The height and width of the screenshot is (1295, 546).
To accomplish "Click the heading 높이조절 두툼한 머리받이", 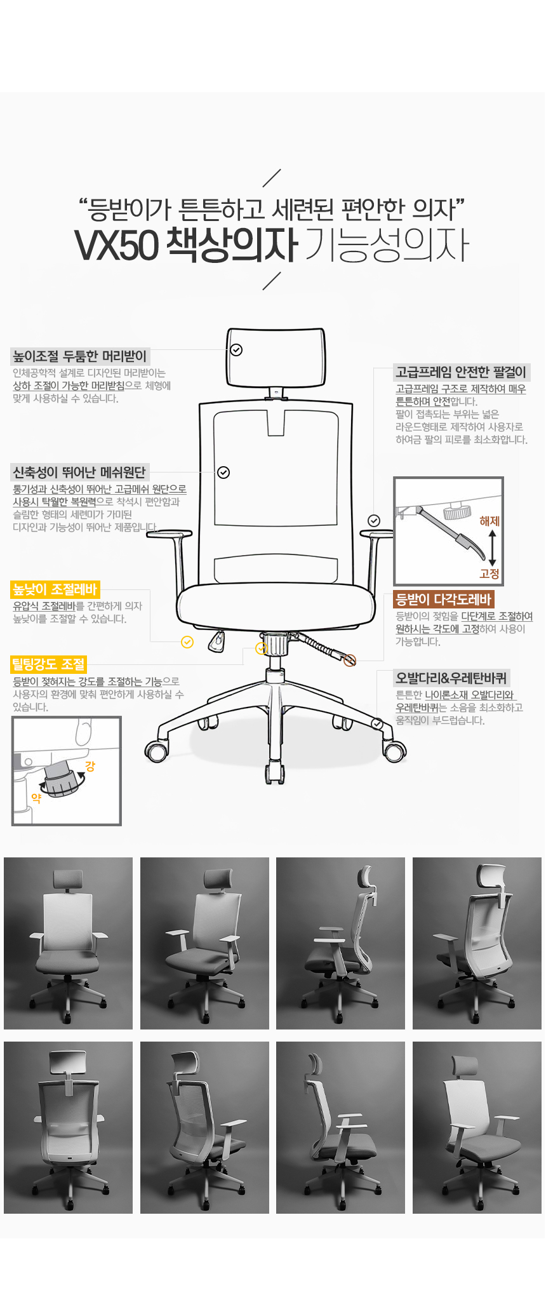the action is (80, 356).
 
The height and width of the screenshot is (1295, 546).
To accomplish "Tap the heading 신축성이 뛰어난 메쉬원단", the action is (79, 472).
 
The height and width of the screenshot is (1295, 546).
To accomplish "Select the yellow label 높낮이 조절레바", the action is (55, 589).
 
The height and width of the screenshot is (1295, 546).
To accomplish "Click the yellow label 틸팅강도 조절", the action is (48, 664).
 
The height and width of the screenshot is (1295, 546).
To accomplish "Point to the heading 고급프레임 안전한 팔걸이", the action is (461, 372).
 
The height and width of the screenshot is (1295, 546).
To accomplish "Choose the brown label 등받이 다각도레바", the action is (443, 599).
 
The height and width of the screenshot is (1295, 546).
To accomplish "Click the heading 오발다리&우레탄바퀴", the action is (451, 678).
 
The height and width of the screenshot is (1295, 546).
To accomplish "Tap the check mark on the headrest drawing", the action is (236, 350).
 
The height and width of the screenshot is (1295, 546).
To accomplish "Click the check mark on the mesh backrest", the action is (223, 473).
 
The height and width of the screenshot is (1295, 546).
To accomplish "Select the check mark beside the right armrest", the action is (374, 521).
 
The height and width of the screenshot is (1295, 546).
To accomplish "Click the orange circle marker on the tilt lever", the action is (350, 661).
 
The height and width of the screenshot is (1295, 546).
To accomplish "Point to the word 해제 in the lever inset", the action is (489, 521).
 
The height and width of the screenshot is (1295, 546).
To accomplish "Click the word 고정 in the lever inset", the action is (489, 574).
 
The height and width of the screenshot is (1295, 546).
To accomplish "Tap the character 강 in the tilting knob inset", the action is (90, 767).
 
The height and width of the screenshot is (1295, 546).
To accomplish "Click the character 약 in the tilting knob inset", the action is (36, 798).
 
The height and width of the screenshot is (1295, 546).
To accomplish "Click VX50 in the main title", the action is (116, 245).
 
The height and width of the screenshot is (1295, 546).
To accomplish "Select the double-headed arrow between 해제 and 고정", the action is (492, 547).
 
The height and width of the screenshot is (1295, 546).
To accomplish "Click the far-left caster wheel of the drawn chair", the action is (156, 752).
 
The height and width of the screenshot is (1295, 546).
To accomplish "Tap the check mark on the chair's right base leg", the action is (377, 723).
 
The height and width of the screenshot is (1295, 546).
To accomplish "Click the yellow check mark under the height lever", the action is (187, 642).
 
